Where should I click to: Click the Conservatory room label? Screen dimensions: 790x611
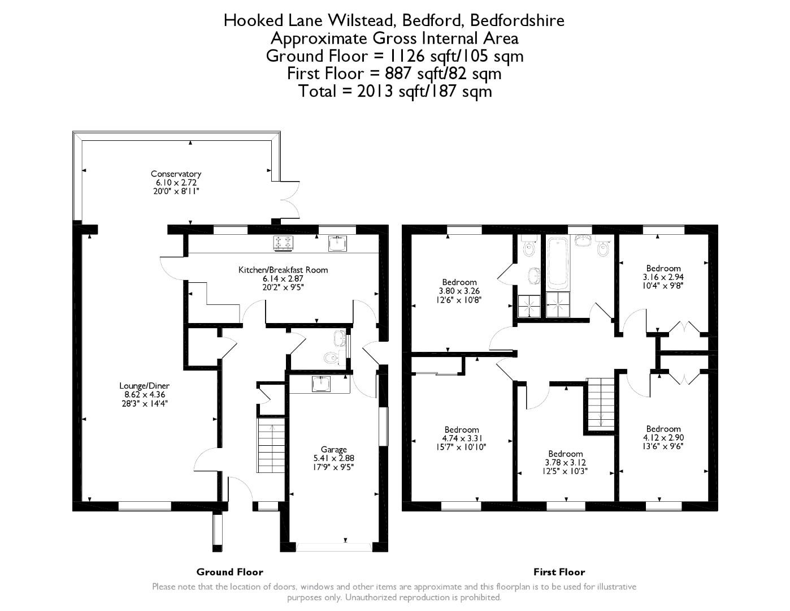pos(176,174)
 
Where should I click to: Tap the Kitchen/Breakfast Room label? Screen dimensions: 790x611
pos(283,270)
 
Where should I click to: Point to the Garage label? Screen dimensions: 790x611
pos(333,450)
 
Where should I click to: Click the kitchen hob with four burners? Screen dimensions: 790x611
pos(284,243)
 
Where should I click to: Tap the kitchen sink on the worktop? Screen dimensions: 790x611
pos(338,243)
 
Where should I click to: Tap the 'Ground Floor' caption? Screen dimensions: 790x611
pos(229,572)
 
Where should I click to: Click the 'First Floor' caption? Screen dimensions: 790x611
pos(559,572)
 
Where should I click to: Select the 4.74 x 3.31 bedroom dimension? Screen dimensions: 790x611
pos(461,438)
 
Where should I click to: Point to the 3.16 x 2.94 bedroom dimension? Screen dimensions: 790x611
pos(663,277)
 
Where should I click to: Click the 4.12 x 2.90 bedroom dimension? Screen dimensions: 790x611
pos(663,437)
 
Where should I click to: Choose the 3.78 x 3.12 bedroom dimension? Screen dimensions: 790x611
pos(565,462)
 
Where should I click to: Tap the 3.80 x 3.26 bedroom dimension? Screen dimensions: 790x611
pos(459,291)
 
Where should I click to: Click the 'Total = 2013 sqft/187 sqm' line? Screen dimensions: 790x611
pos(395,91)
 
